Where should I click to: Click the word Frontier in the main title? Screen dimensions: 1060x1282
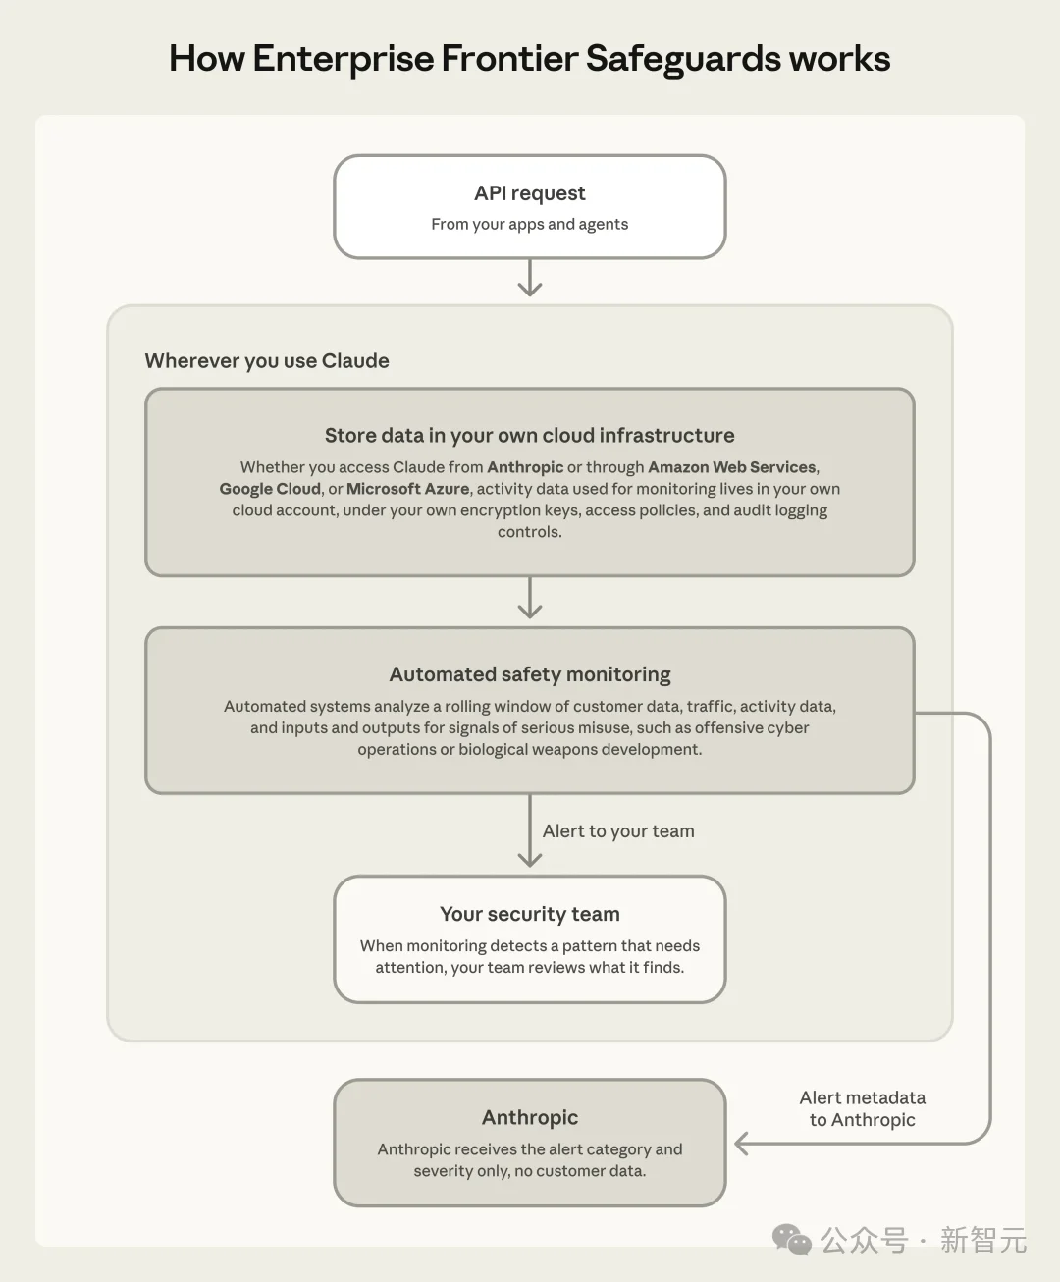509,59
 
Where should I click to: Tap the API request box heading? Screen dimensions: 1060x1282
530,193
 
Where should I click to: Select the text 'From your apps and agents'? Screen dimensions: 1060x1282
530,224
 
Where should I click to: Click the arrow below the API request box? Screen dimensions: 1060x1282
530,278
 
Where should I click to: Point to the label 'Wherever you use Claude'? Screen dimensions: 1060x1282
267,361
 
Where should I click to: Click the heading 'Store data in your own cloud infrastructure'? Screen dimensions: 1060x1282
530,435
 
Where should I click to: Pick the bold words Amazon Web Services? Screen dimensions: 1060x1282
732,467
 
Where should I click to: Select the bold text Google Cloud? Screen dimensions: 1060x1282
270,489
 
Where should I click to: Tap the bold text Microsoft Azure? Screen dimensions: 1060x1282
407,489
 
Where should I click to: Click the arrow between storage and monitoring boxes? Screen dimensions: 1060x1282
530,598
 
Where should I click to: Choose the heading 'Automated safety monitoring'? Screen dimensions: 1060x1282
530,674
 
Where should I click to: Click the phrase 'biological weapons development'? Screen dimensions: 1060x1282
579,750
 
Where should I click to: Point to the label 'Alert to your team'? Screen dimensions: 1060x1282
618,831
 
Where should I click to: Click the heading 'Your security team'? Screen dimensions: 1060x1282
530,914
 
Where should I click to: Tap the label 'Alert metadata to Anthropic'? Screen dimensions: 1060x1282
863,1109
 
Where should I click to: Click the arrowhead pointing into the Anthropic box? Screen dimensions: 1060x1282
741,1144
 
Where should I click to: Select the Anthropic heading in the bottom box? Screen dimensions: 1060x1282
530,1117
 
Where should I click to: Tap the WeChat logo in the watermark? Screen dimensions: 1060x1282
792,1240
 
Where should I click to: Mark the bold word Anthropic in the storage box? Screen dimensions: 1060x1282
525,467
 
